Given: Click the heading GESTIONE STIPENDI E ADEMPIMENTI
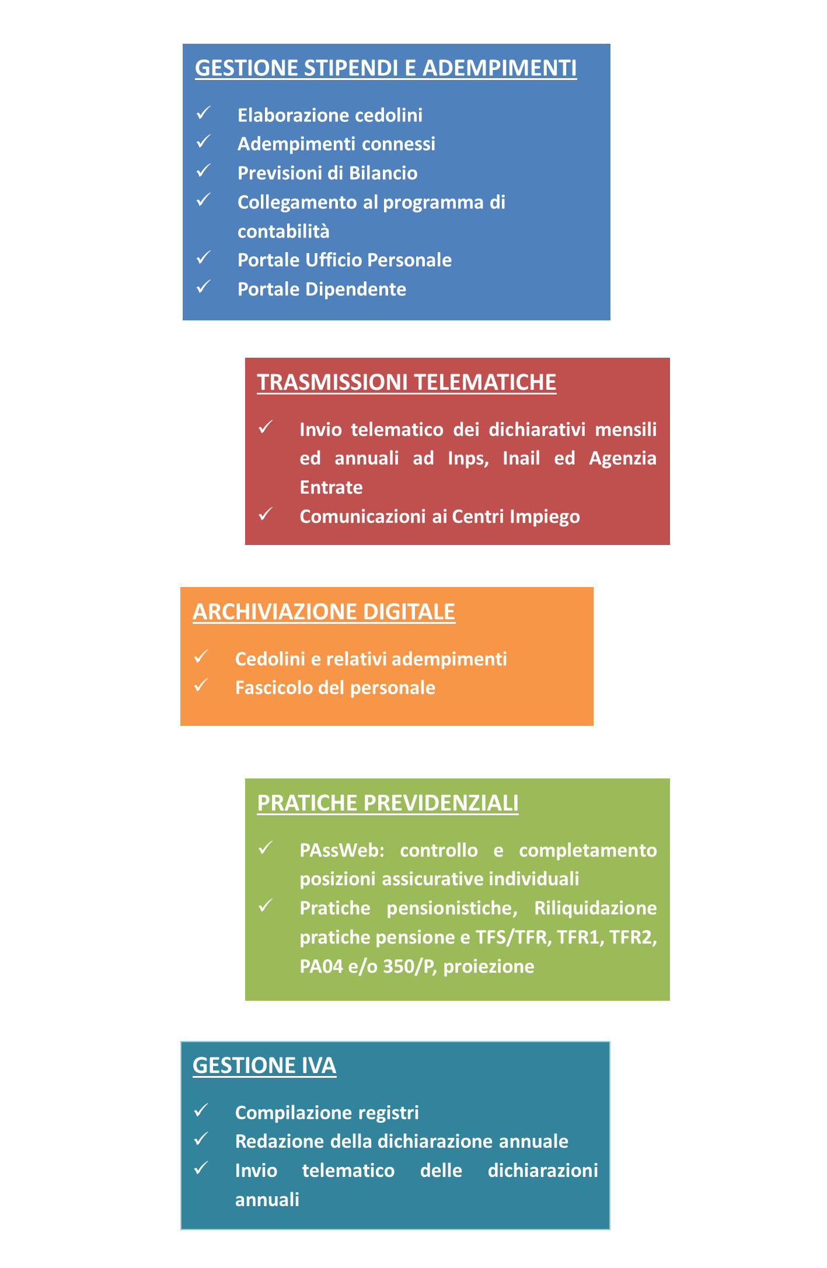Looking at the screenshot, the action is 386,68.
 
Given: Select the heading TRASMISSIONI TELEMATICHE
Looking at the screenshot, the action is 407,382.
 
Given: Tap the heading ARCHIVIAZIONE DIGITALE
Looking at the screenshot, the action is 324,612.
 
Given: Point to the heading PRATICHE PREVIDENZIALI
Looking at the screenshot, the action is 388,803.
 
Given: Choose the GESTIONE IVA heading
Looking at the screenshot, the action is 264,1066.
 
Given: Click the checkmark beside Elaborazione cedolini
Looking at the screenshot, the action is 203,113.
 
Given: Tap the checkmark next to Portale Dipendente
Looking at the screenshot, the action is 203,287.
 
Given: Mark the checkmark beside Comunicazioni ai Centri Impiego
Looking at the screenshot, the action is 266,514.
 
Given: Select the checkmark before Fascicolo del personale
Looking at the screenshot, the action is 201,685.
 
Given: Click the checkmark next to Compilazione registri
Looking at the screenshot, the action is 201,1110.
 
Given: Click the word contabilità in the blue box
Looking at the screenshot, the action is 284,232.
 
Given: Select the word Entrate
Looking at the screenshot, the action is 331,487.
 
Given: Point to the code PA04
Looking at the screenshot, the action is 321,967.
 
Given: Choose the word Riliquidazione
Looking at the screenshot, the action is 595,909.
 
